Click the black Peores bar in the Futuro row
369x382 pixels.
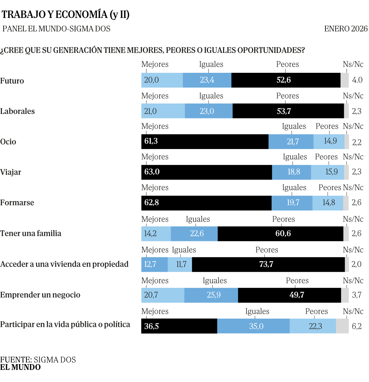click(286, 80)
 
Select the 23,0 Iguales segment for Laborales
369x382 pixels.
click(208, 111)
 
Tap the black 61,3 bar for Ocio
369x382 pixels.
click(204, 142)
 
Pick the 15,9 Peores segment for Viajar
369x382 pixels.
click(327, 172)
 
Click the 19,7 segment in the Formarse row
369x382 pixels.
click(292, 203)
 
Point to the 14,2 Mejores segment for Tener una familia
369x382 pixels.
click(156, 234)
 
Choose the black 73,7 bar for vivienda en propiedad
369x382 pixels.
click(268, 264)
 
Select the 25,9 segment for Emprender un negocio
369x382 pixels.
click(211, 295)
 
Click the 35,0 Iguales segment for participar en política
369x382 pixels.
click(253, 326)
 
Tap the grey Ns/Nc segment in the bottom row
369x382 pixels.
click(342, 326)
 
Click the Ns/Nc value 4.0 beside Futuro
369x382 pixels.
click(357, 80)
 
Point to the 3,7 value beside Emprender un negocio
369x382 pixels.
click(357, 295)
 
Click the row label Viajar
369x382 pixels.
click(11, 172)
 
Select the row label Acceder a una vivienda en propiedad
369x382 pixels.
click(64, 264)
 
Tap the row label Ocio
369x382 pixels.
click(8, 142)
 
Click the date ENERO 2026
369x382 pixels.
click(346, 29)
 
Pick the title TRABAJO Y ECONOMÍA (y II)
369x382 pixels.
click(65, 14)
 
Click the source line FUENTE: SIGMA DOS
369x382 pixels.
click(38, 359)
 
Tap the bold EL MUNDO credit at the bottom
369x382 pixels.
click(20, 367)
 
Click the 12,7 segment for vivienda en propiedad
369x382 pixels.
click(154, 264)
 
